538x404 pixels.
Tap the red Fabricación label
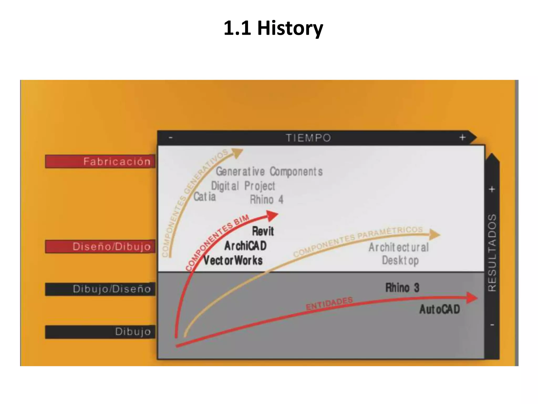click(x=100, y=161)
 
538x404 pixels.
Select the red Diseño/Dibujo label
click(x=100, y=246)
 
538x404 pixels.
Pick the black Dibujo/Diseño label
click(x=100, y=289)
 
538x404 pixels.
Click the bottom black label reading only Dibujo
click(x=100, y=332)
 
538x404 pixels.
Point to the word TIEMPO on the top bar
click(x=308, y=138)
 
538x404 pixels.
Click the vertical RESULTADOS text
click(x=492, y=252)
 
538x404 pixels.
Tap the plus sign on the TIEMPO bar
click(x=462, y=137)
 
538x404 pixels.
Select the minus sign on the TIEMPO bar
click(x=170, y=138)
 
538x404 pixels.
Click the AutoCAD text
click(x=439, y=309)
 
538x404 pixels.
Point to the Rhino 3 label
click(x=402, y=287)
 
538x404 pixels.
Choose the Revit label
click(x=263, y=231)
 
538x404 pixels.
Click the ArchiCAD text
click(x=245, y=246)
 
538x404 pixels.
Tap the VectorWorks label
click(x=233, y=260)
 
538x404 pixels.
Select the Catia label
click(x=204, y=197)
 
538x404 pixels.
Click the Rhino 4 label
click(x=266, y=200)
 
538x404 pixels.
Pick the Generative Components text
click(x=269, y=171)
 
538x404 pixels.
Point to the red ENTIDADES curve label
click(x=329, y=304)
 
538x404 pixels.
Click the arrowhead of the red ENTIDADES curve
click(x=472, y=298)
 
